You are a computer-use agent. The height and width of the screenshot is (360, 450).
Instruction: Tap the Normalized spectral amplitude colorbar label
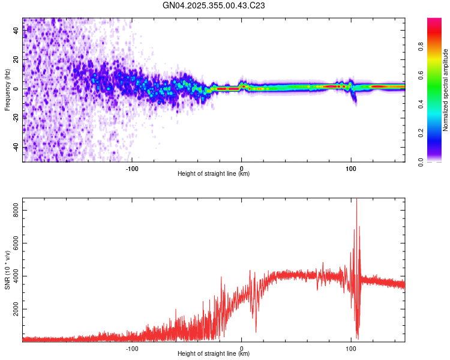point(446,90)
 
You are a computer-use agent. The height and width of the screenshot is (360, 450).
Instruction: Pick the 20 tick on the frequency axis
point(16,60)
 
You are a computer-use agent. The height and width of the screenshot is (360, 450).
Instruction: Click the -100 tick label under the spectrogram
point(132,168)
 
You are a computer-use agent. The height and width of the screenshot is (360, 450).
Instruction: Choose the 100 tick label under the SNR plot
point(351,348)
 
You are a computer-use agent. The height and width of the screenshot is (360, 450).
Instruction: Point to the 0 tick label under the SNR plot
point(242,348)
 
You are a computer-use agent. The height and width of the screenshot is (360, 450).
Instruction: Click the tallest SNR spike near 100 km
point(357,200)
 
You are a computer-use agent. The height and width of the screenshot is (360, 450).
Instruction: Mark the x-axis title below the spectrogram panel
point(214,174)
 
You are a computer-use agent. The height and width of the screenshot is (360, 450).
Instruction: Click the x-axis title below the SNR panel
point(214,354)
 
